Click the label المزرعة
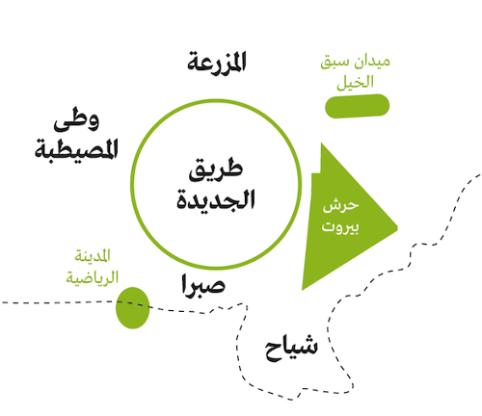pos(217,62)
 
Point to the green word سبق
pos(335,61)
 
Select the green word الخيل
pos(355,82)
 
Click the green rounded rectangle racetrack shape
pos(357,106)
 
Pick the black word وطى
pos(76,119)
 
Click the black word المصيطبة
pos(76,148)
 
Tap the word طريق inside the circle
pos(216,170)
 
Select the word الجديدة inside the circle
pos(216,199)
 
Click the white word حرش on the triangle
pos(340,206)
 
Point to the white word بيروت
pos(340,227)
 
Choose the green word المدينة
pos(93,255)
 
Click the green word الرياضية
pos(93,276)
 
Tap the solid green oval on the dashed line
pos(133,308)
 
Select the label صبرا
pos(203,285)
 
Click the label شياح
pos(291,348)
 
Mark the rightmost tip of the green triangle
pos(397,228)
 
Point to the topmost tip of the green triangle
pos(321,143)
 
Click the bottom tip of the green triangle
pos(302,290)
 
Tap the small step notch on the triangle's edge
pos(316,173)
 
